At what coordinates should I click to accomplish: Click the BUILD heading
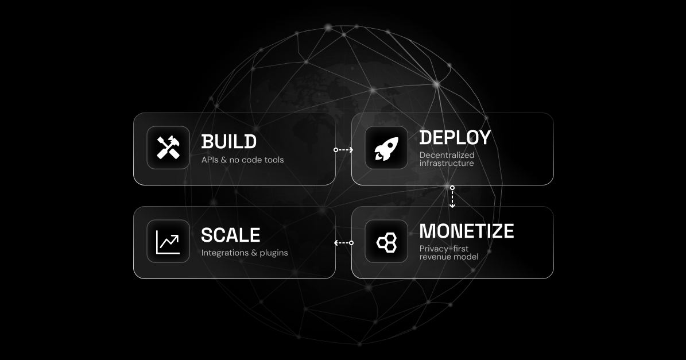tap(228, 141)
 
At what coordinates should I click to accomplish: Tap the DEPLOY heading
tap(455, 137)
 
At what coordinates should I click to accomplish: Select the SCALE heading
tap(230, 235)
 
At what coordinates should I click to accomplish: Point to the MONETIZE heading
tap(466, 231)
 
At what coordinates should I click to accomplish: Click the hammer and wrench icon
tap(168, 148)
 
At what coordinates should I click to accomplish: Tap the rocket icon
tap(386, 148)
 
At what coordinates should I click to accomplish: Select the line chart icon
tap(168, 241)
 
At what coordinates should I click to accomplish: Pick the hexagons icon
tap(386, 242)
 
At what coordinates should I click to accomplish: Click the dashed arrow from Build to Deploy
tap(343, 150)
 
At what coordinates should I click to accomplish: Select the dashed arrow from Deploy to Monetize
tap(452, 197)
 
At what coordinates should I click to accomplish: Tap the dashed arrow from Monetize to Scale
tap(343, 243)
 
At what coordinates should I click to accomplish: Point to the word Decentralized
tap(447, 154)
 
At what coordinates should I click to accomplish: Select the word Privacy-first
tap(444, 248)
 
